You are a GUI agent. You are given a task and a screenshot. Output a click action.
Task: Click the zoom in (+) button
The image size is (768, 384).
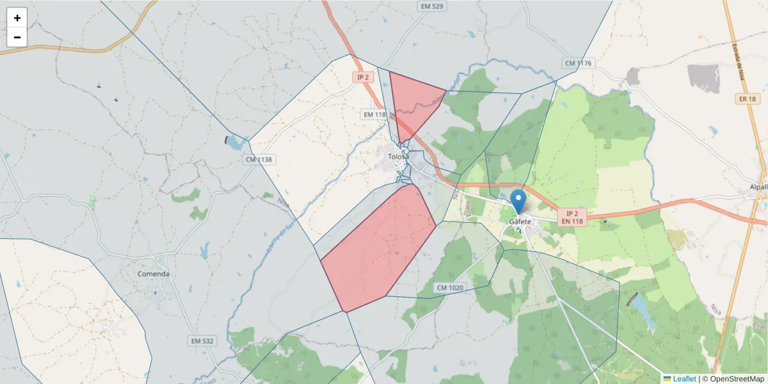pos(17,18)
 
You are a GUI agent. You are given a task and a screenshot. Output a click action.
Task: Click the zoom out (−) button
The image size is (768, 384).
pos(17,37)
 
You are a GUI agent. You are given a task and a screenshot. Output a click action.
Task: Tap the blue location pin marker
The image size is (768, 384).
pos(518,200)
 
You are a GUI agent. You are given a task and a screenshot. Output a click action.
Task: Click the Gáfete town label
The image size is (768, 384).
pos(520,221)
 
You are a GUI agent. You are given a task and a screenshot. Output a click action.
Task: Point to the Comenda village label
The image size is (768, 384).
pos(154,274)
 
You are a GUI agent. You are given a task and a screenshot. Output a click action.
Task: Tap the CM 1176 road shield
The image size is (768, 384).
pos(579,63)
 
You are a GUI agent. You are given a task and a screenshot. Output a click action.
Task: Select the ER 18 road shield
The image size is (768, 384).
pos(746,99)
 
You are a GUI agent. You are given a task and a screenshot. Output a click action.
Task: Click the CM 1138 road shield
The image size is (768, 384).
pos(259,159)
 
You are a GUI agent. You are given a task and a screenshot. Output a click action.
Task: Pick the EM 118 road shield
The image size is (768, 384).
pos(375,115)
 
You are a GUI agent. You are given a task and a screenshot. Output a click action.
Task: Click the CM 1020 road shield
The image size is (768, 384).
pos(449,288)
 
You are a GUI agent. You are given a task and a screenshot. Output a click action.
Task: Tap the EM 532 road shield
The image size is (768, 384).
pos(202,341)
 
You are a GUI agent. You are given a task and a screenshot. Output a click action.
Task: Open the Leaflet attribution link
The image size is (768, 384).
pos(684,379)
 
